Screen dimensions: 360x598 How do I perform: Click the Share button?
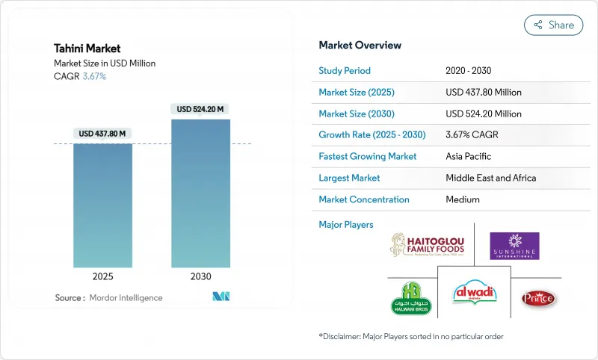coord(553,25)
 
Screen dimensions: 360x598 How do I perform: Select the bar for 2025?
coord(102,205)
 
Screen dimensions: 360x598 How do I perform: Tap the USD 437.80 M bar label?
coord(102,134)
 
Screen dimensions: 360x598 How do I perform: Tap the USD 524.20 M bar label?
coord(200,109)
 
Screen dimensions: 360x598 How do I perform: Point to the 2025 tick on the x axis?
coord(102,276)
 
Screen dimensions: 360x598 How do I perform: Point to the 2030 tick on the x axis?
coord(200,276)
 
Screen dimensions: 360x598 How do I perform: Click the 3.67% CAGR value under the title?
coord(93,77)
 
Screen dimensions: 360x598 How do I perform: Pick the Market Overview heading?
coord(360,46)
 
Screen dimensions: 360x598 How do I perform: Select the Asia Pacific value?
coord(469,157)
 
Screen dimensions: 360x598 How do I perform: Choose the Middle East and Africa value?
coord(490,179)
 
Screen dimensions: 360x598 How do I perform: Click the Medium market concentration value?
coord(462,199)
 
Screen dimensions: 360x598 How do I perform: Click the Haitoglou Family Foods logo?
coord(427,245)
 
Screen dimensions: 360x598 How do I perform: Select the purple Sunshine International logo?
coord(514,246)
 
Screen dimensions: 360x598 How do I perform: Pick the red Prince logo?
coord(538,298)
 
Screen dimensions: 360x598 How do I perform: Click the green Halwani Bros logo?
coord(411,298)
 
